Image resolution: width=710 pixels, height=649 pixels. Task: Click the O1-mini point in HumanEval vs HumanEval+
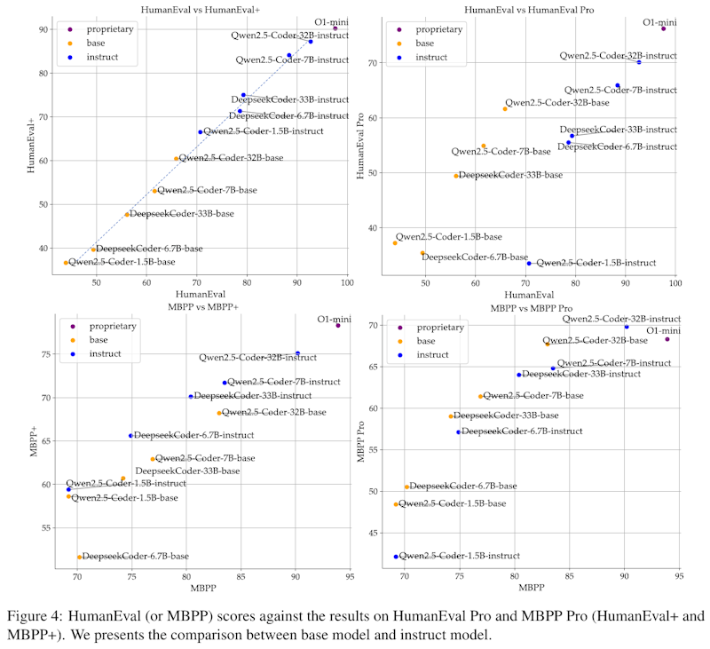pyautogui.click(x=335, y=28)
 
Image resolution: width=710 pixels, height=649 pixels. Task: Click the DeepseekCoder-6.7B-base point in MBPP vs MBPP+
pyautogui.click(x=80, y=557)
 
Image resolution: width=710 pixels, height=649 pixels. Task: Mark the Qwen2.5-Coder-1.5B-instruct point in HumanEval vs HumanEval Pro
pyautogui.click(x=529, y=263)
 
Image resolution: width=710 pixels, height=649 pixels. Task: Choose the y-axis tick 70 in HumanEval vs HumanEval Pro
pyautogui.click(x=379, y=63)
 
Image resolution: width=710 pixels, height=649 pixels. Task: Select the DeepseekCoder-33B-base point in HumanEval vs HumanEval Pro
pyautogui.click(x=456, y=176)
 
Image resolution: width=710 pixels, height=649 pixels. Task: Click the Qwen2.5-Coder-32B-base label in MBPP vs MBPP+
pyautogui.click(x=273, y=413)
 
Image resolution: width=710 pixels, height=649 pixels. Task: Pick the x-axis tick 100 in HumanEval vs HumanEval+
pyautogui.click(x=346, y=282)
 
